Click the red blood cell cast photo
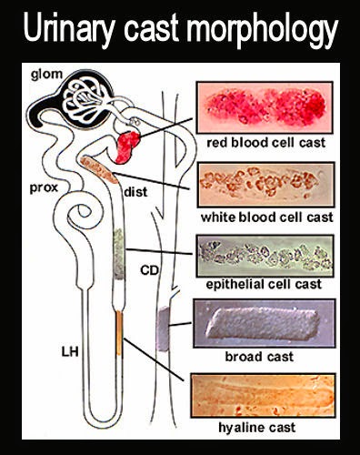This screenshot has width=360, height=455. (258, 108)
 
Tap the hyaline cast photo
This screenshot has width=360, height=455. (258, 394)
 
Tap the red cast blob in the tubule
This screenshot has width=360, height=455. (128, 144)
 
